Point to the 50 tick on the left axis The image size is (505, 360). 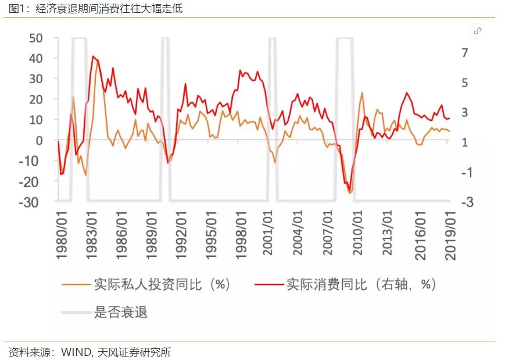[x=35, y=38]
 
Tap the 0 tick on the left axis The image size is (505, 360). [x=40, y=140]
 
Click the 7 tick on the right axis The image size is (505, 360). [x=464, y=52]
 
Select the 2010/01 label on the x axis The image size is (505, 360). [x=357, y=233]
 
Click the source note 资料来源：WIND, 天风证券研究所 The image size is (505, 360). [x=90, y=352]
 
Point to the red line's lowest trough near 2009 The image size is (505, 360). [x=350, y=191]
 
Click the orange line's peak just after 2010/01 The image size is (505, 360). [x=362, y=93]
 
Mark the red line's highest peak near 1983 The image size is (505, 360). [x=93, y=56]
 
